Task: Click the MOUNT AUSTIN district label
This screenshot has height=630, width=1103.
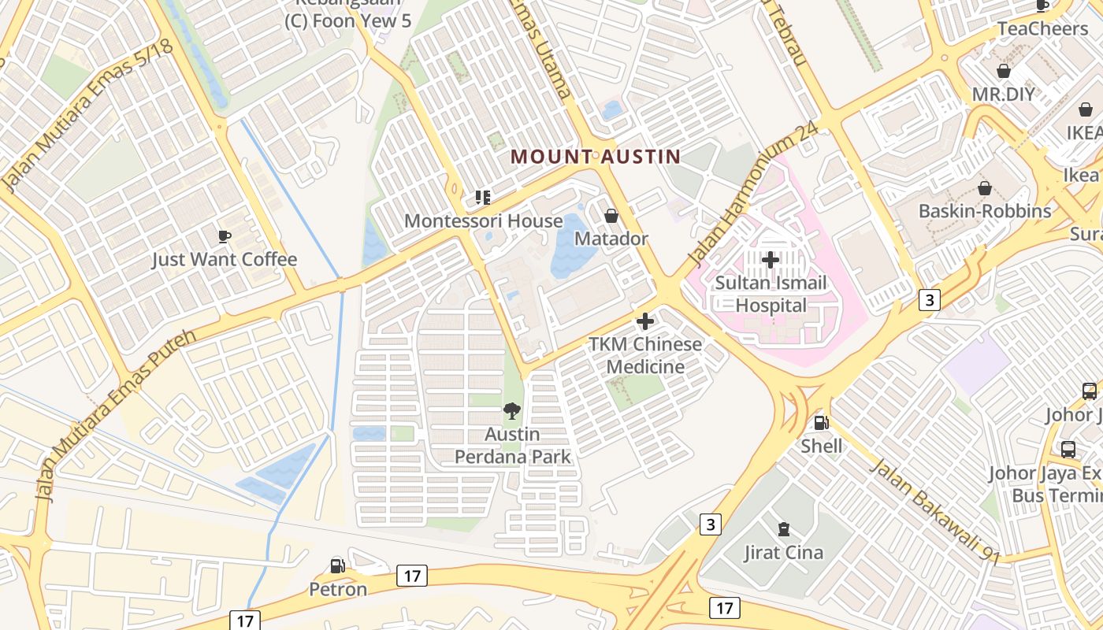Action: point(596,156)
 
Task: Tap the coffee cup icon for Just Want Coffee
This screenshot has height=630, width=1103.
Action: point(224,236)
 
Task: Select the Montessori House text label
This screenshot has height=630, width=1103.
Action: point(483,221)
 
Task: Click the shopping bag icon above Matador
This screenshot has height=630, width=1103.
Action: point(611,216)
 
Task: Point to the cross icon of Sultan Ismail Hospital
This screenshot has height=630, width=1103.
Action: point(771,259)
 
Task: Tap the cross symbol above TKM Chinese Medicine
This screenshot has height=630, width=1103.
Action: point(645,321)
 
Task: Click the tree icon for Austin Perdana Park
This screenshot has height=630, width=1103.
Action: point(512,411)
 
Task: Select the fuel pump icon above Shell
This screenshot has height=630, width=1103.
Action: point(821,423)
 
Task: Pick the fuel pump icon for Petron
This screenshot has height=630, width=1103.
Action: point(337,565)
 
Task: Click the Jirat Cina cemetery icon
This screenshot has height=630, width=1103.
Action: point(783,529)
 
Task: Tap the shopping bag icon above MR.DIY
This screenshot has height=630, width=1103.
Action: point(1004,72)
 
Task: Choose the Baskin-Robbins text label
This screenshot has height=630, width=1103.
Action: point(985,211)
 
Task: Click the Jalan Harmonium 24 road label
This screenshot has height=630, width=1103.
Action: point(752,195)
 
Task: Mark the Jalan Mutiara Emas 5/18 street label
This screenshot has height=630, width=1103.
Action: point(87,117)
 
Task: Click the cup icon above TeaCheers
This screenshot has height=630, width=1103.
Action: point(1042,6)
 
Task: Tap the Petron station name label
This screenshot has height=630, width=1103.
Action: point(337,589)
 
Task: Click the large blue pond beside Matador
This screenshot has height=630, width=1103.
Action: point(573,244)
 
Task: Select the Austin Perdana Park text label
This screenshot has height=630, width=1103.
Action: point(512,445)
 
